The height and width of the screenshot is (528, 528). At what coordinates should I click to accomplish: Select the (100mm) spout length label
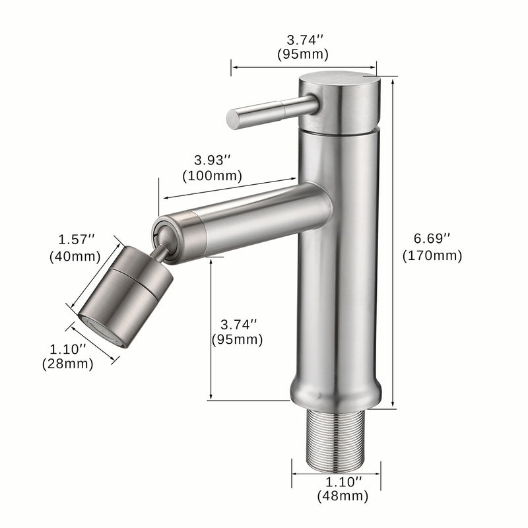pyautogui.click(x=212, y=176)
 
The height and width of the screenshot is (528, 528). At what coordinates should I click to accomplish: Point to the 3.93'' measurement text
pyautogui.click(x=212, y=160)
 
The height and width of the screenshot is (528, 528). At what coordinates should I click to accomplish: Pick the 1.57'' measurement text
pyautogui.click(x=73, y=238)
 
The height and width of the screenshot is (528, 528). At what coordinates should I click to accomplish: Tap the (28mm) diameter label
pyautogui.click(x=67, y=363)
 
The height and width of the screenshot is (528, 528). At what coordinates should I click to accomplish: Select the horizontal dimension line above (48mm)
pyautogui.click(x=336, y=471)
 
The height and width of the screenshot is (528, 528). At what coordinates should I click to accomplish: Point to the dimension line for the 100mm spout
pyautogui.click(x=228, y=188)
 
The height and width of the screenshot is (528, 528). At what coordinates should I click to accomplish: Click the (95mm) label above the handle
pyautogui.click(x=304, y=54)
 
